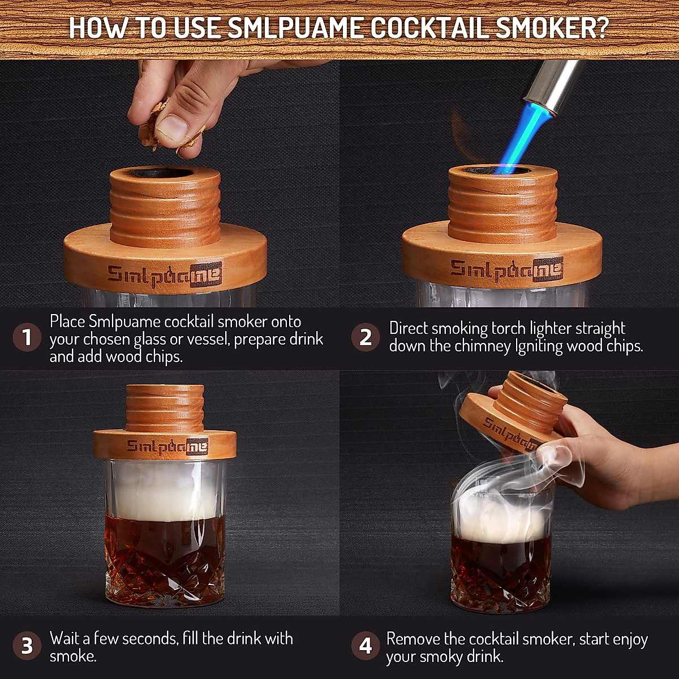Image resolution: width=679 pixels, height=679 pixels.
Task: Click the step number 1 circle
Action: [x=27, y=338]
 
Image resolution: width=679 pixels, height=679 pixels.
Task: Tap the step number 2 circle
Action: [x=366, y=338]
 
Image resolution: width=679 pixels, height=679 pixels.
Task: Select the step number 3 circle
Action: [x=27, y=646]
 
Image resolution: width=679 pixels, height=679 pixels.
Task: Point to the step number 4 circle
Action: [x=366, y=646]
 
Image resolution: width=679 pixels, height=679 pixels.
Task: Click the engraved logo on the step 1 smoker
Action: [x=165, y=274]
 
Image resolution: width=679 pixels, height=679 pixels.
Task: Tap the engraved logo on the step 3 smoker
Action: [x=167, y=446]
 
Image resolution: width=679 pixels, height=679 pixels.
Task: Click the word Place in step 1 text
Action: [x=68, y=321]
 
